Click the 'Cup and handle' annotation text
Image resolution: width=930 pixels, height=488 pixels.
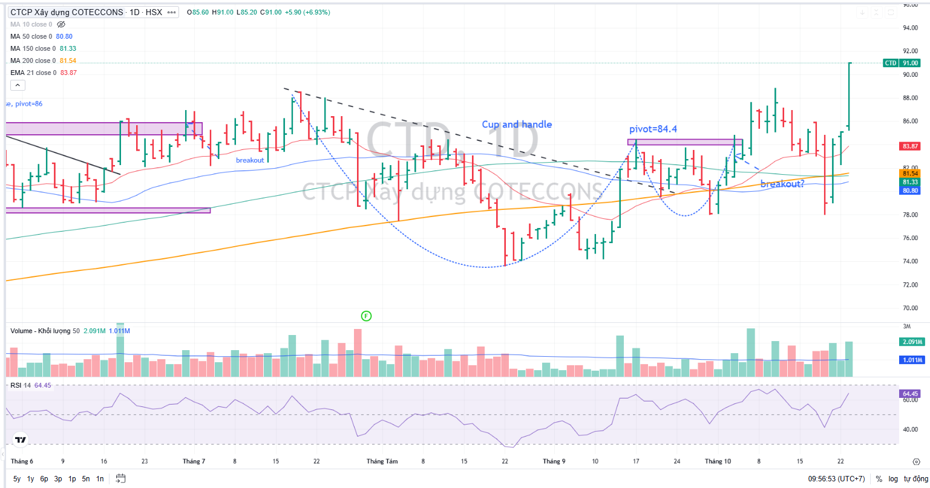tap(517, 125)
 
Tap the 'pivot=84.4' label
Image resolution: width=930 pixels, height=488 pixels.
tap(652, 129)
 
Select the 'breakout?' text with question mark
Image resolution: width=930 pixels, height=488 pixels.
tap(782, 184)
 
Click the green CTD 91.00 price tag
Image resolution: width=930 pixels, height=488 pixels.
tap(902, 63)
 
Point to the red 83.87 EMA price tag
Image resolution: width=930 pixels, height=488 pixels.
tap(910, 146)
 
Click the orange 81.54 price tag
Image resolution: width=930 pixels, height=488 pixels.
tap(910, 174)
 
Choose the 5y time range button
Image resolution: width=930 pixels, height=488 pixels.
tap(16, 479)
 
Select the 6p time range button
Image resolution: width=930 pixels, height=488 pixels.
tap(44, 479)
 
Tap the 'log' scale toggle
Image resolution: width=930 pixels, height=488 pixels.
tap(893, 479)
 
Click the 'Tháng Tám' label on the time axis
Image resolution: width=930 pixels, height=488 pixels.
tap(382, 461)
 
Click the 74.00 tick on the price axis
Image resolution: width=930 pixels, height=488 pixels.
tap(910, 261)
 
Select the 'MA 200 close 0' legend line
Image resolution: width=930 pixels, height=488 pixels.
tap(33, 60)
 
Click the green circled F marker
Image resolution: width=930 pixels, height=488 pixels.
tap(365, 316)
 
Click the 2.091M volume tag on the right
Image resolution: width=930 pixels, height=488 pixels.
tap(910, 342)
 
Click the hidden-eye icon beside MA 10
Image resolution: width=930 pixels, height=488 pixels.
tap(61, 24)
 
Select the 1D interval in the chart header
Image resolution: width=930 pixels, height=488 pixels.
tap(135, 12)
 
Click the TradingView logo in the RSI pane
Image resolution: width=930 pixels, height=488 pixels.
tap(21, 440)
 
